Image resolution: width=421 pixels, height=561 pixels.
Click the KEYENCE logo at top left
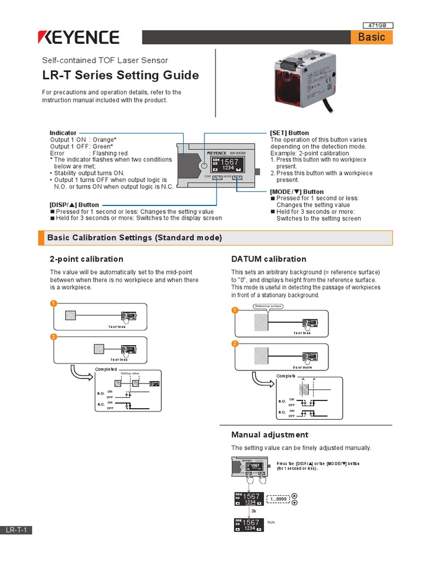click(x=78, y=37)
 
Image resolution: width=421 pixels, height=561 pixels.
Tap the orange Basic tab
click(x=371, y=37)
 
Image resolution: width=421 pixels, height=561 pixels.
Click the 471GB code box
click(x=378, y=25)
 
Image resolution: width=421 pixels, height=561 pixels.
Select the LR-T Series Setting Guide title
click(x=121, y=75)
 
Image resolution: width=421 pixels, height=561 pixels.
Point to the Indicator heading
click(x=63, y=133)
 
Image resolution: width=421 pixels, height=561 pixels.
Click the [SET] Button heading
click(x=289, y=133)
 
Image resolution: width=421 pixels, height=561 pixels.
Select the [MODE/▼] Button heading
click(x=297, y=191)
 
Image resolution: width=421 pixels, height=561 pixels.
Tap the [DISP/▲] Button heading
click(x=75, y=205)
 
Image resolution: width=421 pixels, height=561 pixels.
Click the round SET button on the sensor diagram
click(x=203, y=165)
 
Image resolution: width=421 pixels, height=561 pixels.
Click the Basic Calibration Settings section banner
click(x=215, y=238)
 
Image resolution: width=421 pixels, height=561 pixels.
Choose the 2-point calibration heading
click(x=87, y=259)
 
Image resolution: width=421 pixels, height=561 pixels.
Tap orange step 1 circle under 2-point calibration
click(x=53, y=304)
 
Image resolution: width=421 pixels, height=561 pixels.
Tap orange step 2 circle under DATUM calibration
click(x=235, y=344)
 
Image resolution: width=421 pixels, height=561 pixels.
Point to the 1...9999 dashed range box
click(x=278, y=500)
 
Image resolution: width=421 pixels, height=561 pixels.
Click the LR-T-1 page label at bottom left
click(x=16, y=530)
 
